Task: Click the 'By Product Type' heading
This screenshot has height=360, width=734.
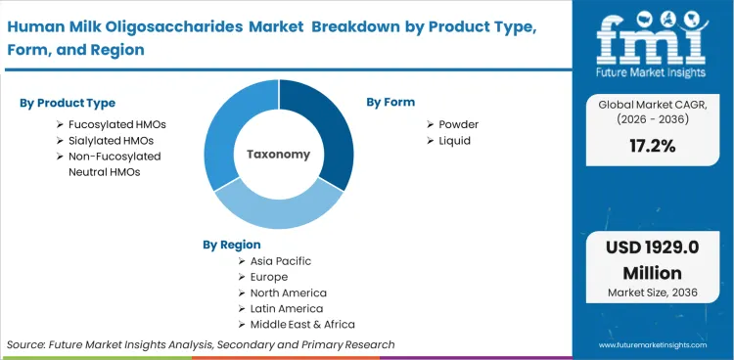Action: tap(68, 103)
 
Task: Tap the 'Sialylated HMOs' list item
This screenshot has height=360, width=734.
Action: tap(110, 140)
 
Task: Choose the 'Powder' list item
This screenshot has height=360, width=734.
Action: tap(458, 124)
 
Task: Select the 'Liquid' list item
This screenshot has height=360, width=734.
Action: tap(454, 140)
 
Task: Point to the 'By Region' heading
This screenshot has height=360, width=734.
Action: tap(232, 244)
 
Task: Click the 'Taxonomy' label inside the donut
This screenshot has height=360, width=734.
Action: tap(278, 155)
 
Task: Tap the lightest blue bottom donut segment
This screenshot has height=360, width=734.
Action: tap(278, 209)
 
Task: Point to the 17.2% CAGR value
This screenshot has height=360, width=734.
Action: tap(653, 148)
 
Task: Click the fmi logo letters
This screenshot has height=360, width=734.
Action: tap(652, 39)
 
